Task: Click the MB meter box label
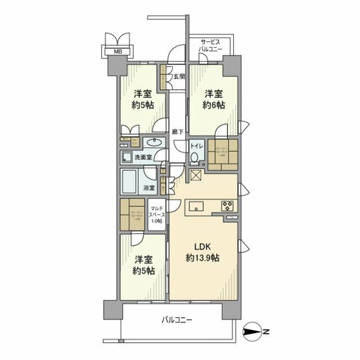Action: pos(118,52)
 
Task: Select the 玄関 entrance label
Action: pos(179,76)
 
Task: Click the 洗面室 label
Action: pos(141,157)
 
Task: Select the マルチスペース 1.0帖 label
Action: pos(156,216)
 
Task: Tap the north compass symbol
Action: pos(254,332)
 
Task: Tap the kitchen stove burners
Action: pos(229,204)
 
